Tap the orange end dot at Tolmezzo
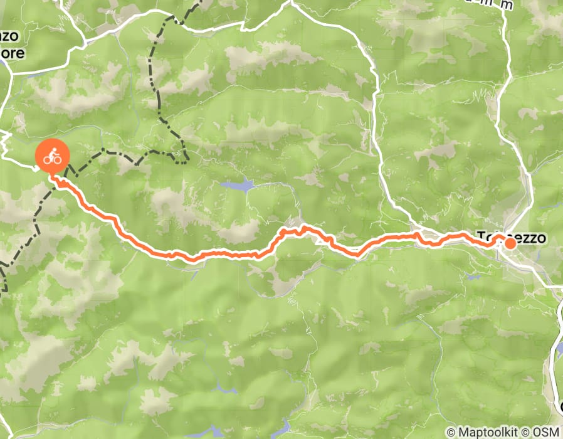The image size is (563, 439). coord(511,243)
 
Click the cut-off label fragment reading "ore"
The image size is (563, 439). coord(13,53)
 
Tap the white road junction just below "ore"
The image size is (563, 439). coord(12,74)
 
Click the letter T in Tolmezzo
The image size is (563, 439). coord(481,237)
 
